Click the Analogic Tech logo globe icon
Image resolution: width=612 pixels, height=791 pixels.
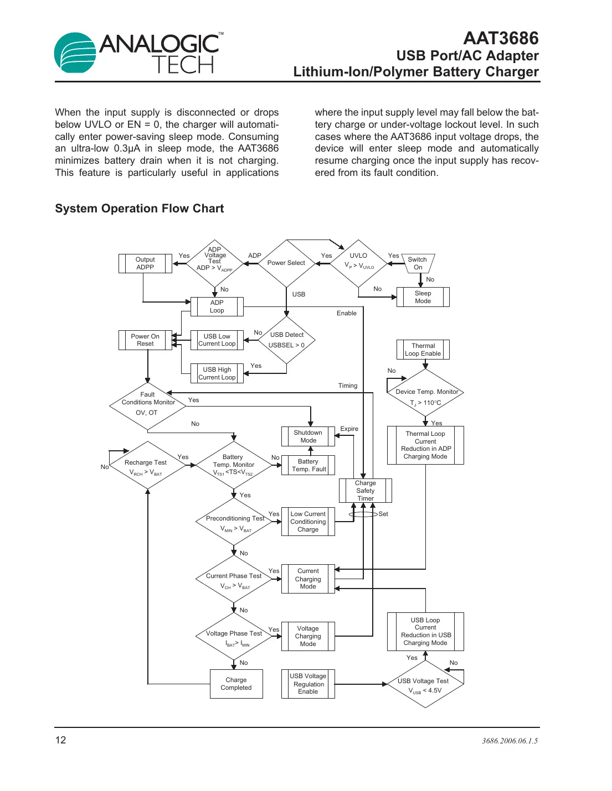click(75, 53)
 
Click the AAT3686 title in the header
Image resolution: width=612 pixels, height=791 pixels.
click(500, 38)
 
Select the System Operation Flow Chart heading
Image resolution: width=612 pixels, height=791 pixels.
click(139, 209)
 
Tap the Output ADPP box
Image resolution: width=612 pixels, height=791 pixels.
click(145, 263)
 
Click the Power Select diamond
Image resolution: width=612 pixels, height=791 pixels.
click(286, 263)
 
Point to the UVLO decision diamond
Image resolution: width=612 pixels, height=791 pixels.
click(359, 263)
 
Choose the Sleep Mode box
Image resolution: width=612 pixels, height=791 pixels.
click(423, 297)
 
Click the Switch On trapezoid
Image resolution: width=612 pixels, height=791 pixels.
click(418, 263)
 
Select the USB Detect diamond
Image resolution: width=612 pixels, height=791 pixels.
click(286, 340)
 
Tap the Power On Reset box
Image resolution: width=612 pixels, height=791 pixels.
click(145, 340)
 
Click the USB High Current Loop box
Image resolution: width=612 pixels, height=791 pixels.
click(217, 373)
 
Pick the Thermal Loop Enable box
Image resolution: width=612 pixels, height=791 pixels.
click(423, 350)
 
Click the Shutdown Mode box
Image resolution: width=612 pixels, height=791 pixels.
click(308, 436)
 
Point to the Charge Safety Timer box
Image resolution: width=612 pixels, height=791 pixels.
click(365, 491)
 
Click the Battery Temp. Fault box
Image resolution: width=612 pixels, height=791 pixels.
click(308, 465)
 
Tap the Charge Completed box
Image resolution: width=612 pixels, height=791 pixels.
click(236, 684)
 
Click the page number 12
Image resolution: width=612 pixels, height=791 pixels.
click(60, 740)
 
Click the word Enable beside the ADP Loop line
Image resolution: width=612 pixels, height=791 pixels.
click(346, 313)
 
